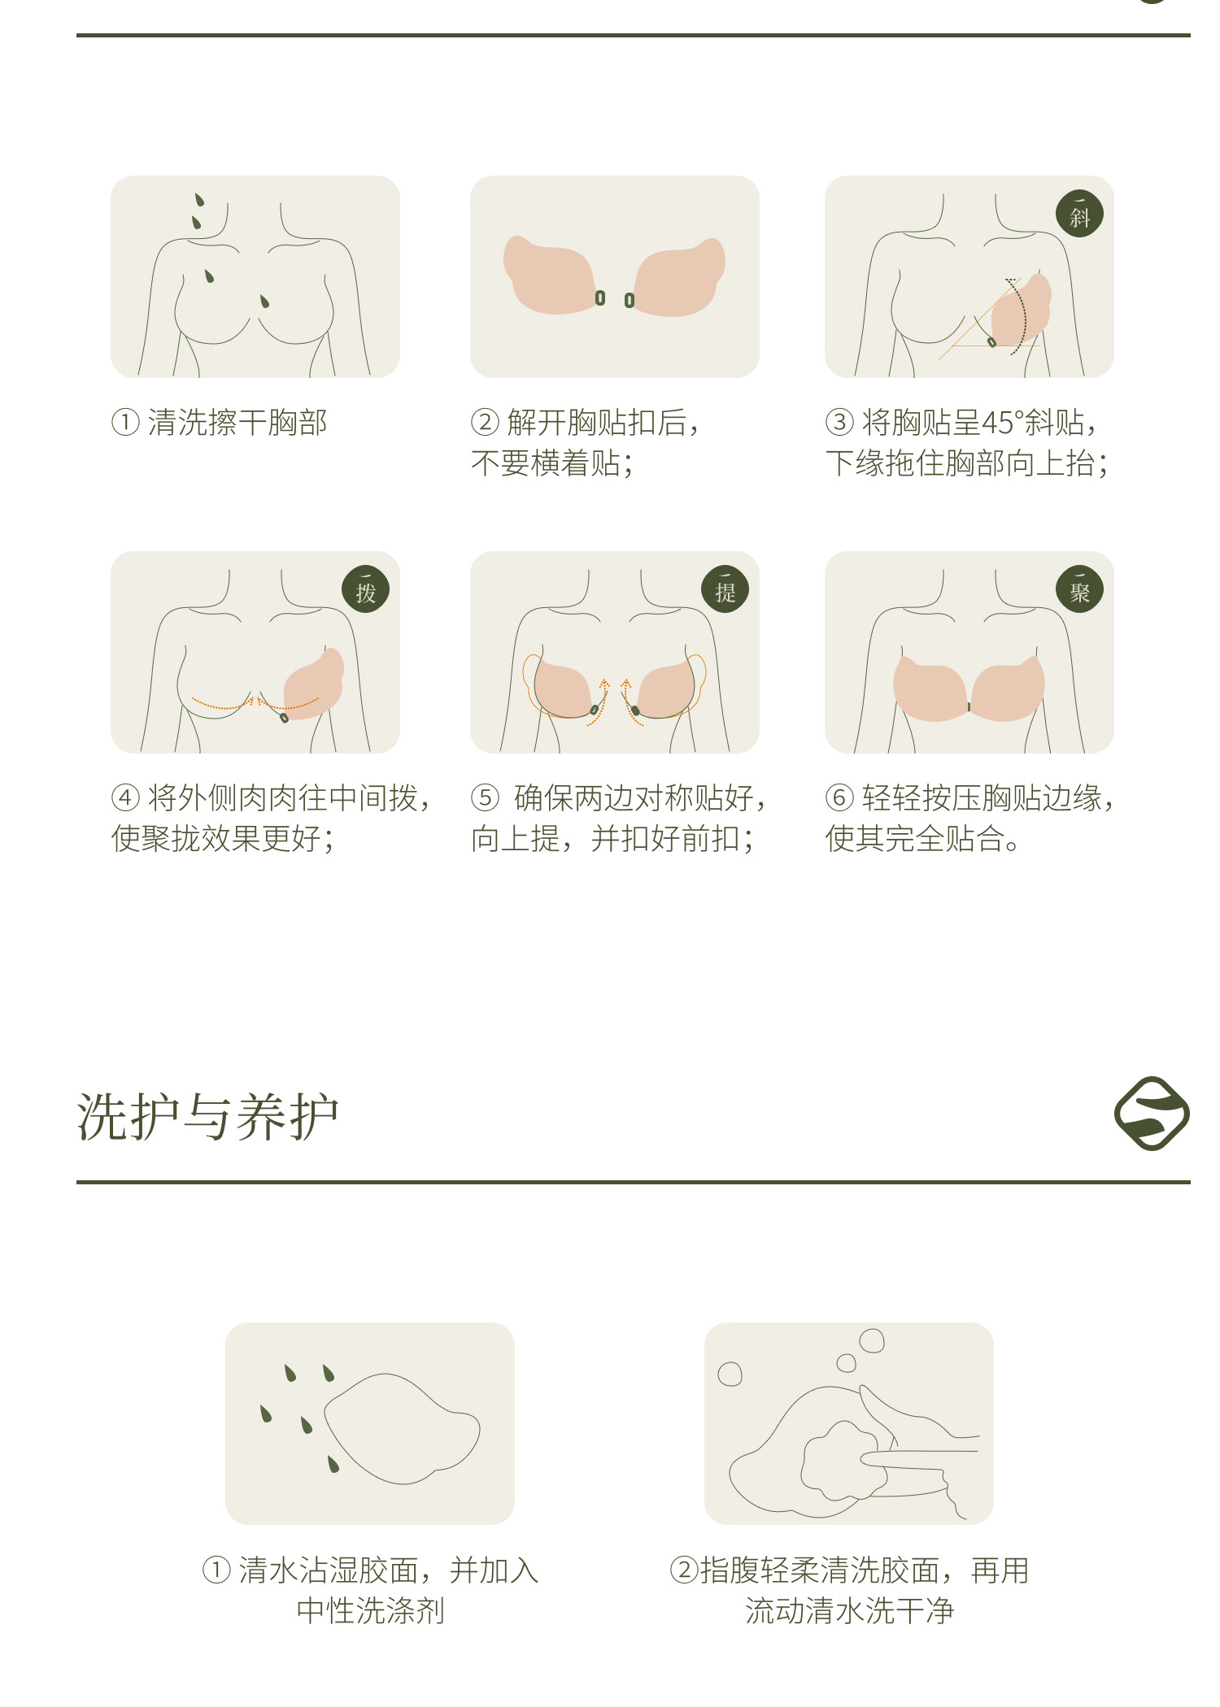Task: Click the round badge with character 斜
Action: [x=1079, y=215]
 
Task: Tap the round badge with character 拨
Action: [x=365, y=589]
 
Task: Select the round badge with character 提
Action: [x=725, y=589]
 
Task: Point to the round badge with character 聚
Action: [x=1079, y=589]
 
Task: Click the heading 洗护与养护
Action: [x=207, y=1117]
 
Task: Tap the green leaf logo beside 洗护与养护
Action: [x=1152, y=1114]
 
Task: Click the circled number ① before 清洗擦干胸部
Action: [x=125, y=423]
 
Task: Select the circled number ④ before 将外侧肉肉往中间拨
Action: [x=125, y=798]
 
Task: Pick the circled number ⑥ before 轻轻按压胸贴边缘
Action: [x=839, y=798]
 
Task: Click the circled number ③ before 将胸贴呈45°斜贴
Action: [x=839, y=423]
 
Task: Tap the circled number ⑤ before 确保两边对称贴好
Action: [x=485, y=798]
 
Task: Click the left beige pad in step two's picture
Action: [x=551, y=275]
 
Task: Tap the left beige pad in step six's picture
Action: [x=930, y=688]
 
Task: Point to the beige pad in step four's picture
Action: [x=312, y=684]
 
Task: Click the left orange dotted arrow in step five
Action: [x=600, y=701]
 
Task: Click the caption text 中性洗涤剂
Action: [x=371, y=1611]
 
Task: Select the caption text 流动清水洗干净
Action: [x=850, y=1611]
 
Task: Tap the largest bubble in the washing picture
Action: [x=872, y=1340]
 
